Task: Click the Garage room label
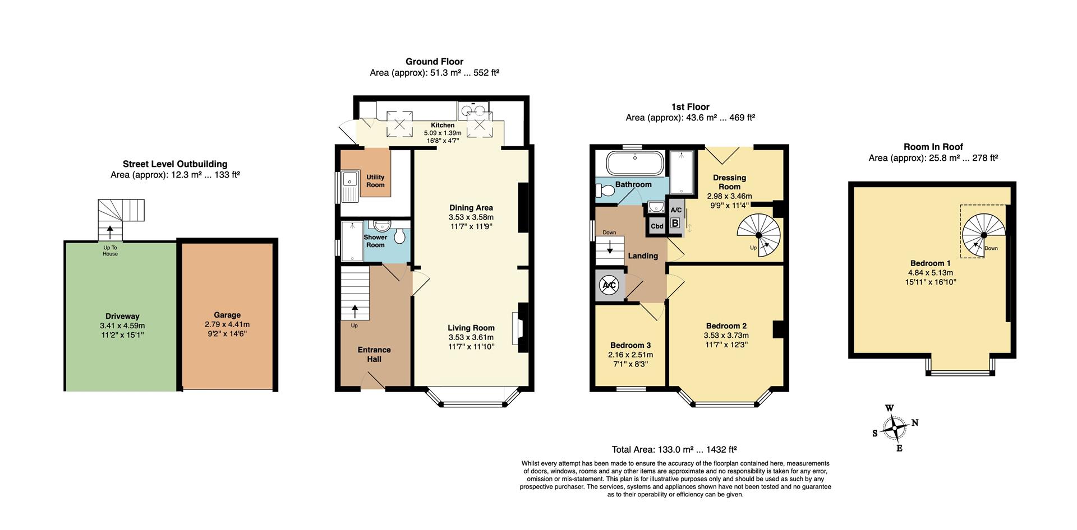tap(227, 315)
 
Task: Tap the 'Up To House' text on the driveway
tap(110, 250)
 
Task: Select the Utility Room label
tap(375, 181)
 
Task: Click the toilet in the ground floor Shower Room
tap(400, 236)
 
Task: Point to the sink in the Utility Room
tap(351, 180)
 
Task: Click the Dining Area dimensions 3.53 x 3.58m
tap(471, 217)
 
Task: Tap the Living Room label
tap(471, 328)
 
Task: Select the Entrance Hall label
tap(374, 354)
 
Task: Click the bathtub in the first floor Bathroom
tap(635, 164)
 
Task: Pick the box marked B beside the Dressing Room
tap(675, 223)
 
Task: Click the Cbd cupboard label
tap(657, 226)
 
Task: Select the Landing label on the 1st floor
tap(643, 255)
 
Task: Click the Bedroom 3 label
tap(630, 345)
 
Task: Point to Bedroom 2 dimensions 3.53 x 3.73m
tap(726, 335)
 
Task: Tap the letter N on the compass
tap(915, 423)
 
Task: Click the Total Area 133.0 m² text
tap(674, 449)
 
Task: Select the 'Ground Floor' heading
tap(434, 62)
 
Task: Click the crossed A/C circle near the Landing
tap(609, 285)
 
